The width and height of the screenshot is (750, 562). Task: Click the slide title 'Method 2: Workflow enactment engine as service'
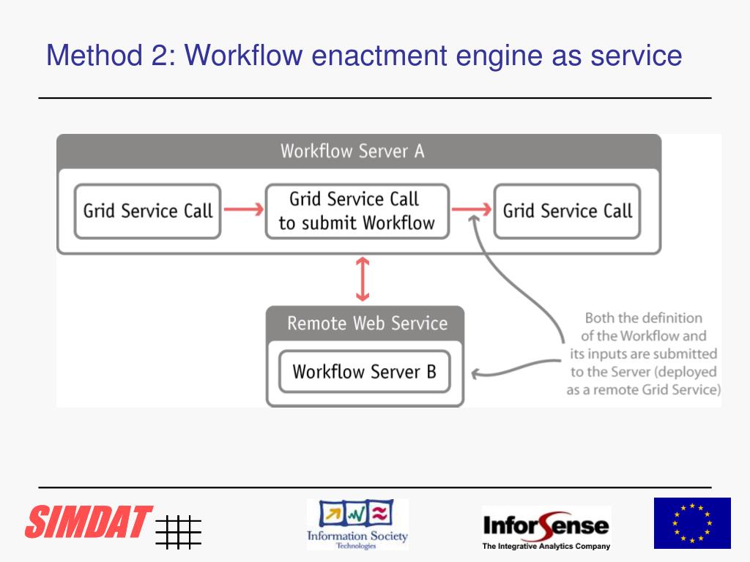pos(364,56)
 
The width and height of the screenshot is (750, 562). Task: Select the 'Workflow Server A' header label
pos(352,151)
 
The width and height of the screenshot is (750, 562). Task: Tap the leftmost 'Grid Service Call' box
pos(147,211)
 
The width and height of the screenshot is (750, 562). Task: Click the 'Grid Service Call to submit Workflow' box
pos(357,211)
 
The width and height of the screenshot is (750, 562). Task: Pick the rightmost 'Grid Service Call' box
pos(567,211)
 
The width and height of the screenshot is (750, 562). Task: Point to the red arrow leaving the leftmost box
pos(242,210)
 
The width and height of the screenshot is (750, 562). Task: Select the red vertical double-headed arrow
pos(362,279)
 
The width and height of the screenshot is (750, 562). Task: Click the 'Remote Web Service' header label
pos(367,323)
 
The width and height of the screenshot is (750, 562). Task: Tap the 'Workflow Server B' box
pos(364,372)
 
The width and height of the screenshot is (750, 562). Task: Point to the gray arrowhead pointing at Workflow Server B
pos(476,374)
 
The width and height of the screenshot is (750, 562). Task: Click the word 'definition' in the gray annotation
pos(672,318)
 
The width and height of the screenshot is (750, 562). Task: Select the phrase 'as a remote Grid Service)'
pos(644,389)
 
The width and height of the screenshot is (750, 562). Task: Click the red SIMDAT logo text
pos(89,521)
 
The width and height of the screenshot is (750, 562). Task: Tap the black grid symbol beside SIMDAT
pos(178,531)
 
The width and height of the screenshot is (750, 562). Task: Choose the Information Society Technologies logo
pos(357,524)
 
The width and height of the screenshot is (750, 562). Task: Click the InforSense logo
pos(546,524)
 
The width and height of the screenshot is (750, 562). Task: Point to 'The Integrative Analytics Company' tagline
pos(546,546)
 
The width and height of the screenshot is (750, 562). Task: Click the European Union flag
pos(692,522)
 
